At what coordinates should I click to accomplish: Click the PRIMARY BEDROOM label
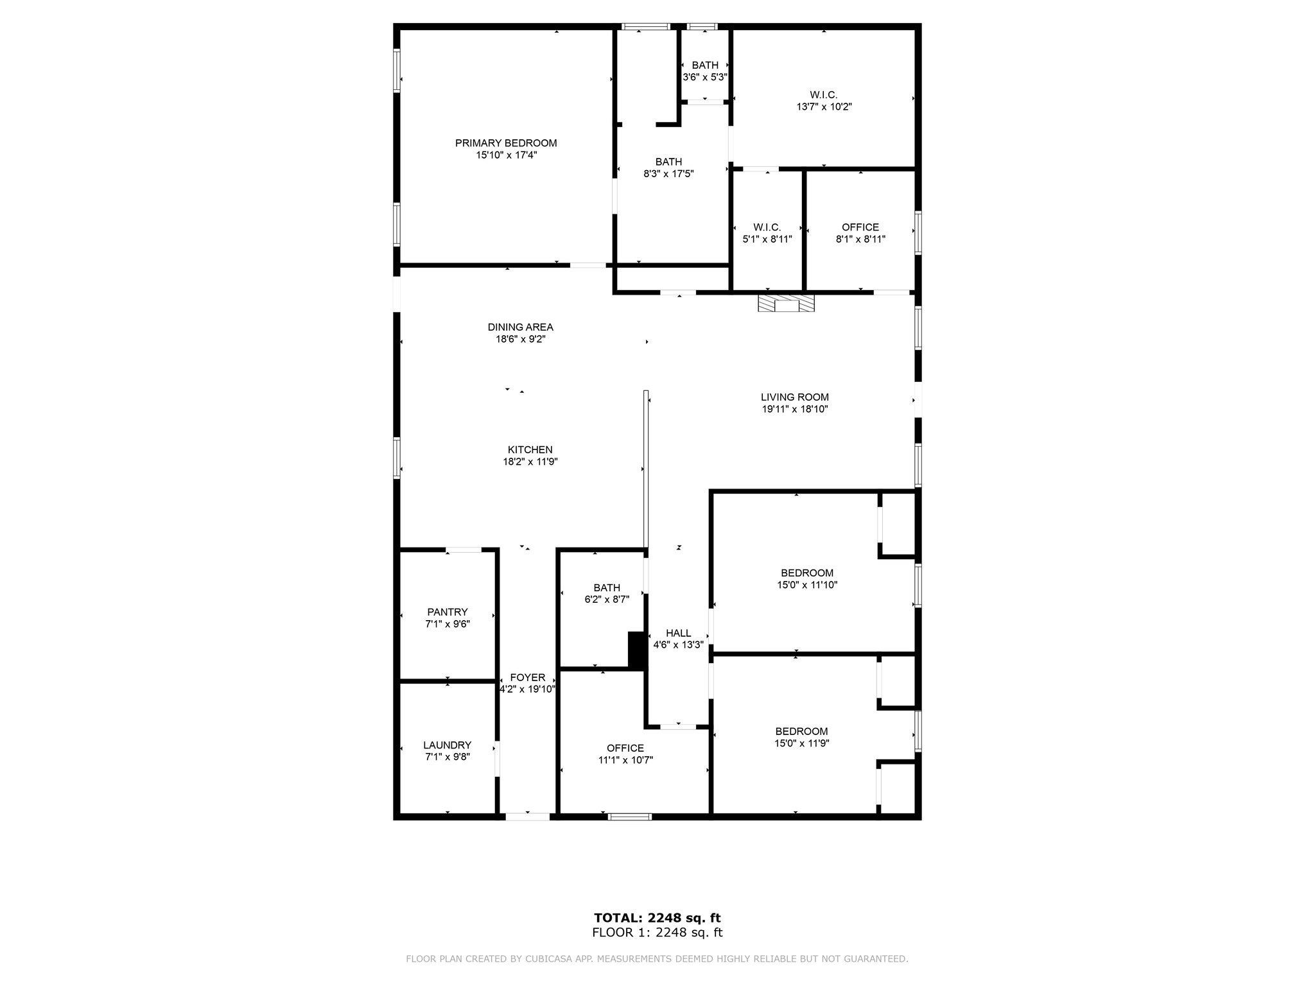click(x=506, y=143)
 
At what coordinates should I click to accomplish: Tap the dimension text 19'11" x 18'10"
click(x=794, y=409)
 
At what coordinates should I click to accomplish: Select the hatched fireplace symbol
click(x=785, y=304)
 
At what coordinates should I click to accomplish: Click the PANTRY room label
click(x=448, y=612)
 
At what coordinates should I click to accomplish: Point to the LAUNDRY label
click(x=447, y=745)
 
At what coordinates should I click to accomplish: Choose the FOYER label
click(x=527, y=677)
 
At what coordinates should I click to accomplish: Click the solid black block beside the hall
click(x=636, y=651)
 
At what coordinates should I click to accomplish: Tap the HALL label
click(x=678, y=633)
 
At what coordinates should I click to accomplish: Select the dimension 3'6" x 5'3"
click(x=704, y=77)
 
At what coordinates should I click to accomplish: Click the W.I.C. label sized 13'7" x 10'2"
click(x=824, y=95)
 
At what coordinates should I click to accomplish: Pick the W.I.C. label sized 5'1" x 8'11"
click(x=767, y=227)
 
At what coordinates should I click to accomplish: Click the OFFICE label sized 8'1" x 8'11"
click(x=860, y=227)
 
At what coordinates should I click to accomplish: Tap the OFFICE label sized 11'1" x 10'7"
click(x=625, y=748)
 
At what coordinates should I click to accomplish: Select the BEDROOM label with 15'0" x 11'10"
click(x=807, y=573)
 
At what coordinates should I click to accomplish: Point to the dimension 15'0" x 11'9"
click(x=801, y=743)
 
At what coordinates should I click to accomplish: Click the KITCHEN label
click(x=530, y=449)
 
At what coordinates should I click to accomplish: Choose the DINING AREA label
click(x=520, y=327)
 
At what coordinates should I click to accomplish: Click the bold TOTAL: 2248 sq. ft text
click(x=657, y=918)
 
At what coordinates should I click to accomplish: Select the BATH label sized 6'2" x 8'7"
click(x=607, y=587)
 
